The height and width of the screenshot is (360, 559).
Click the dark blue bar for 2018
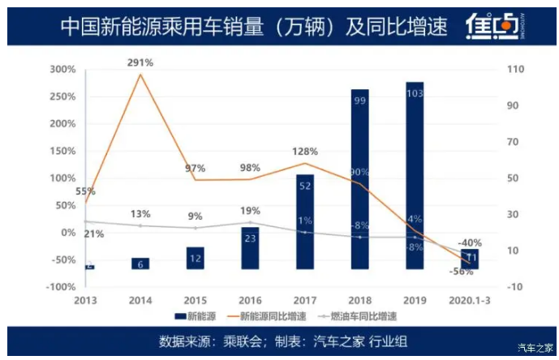(x=360, y=178)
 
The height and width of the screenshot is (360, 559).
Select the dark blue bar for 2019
(x=415, y=174)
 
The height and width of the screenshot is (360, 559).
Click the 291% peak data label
(x=140, y=62)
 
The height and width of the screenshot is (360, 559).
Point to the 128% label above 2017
(x=305, y=152)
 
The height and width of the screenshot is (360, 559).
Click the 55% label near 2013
(x=86, y=192)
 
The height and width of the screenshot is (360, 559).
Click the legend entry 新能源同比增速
(x=273, y=316)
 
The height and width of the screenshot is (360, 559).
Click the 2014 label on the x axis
(x=140, y=299)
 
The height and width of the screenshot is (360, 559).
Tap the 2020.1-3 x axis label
(x=470, y=299)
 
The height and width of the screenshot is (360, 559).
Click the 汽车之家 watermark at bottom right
(x=536, y=348)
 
